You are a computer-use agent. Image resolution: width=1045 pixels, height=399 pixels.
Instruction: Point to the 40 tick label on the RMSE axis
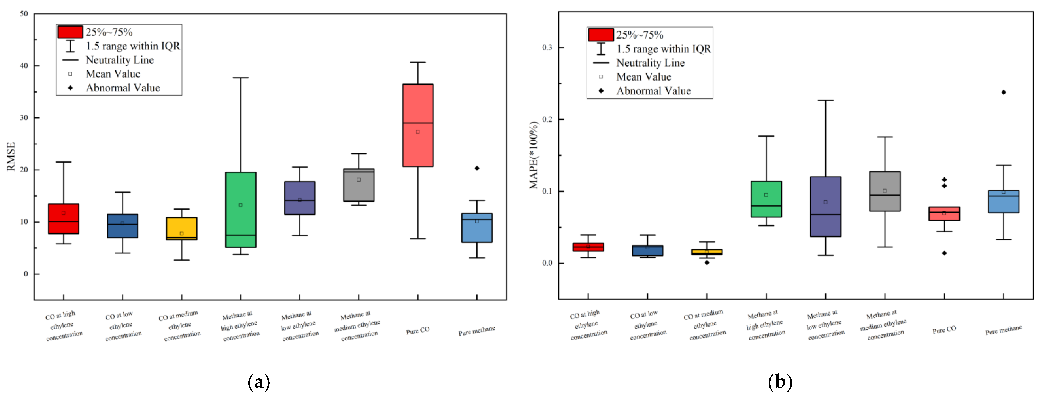24,66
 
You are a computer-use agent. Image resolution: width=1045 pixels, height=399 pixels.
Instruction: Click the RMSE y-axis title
11,157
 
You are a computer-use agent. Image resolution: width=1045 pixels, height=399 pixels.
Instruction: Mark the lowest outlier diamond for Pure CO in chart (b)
944,253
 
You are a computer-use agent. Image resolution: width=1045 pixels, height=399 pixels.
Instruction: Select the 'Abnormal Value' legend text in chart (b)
653,91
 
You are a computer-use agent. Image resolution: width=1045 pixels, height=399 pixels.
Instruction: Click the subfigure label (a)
258,382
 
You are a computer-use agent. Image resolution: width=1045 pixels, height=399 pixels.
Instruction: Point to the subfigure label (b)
780,382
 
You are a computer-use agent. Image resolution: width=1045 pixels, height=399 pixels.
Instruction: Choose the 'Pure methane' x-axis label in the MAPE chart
1003,330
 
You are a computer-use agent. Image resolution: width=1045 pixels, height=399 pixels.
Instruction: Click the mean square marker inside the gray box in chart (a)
359,180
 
